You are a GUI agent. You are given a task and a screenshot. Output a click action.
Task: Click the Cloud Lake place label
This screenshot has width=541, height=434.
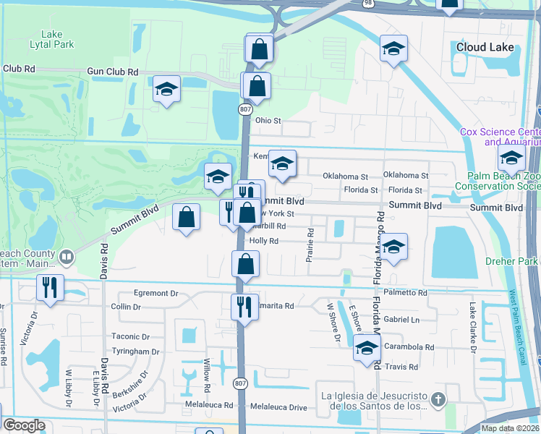[x=485, y=48]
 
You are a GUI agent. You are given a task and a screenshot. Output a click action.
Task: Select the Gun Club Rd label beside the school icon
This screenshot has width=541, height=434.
[x=112, y=72]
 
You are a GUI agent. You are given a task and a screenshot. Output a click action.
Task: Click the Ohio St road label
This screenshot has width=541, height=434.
[x=268, y=121]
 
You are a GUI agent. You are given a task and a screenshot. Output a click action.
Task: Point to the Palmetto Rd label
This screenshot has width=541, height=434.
[x=407, y=292]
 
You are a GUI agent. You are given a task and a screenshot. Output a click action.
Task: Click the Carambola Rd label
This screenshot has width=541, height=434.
[x=409, y=347]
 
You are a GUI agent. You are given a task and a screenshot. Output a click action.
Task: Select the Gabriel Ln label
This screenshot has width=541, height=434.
[x=401, y=319]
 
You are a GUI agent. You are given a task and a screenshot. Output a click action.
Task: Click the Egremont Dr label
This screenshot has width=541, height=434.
[x=156, y=294]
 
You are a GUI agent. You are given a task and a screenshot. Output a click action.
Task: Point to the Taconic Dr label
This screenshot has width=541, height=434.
[x=130, y=337]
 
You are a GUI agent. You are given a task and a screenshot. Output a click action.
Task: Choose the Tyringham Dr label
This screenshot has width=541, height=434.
[x=135, y=352]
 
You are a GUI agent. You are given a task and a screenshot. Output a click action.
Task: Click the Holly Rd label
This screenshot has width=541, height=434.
[x=264, y=241]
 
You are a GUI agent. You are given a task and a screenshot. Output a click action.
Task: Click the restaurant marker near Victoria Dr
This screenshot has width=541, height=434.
[x=50, y=286]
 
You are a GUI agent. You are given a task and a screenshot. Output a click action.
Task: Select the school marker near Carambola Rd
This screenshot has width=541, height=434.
[x=367, y=347]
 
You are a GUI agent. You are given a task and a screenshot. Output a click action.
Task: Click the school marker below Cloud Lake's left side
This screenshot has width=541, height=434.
[x=393, y=48]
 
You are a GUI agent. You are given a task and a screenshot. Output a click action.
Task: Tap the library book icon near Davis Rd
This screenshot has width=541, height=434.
[x=67, y=257]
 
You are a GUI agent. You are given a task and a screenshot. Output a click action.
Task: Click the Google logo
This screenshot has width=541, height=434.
[x=24, y=425]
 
